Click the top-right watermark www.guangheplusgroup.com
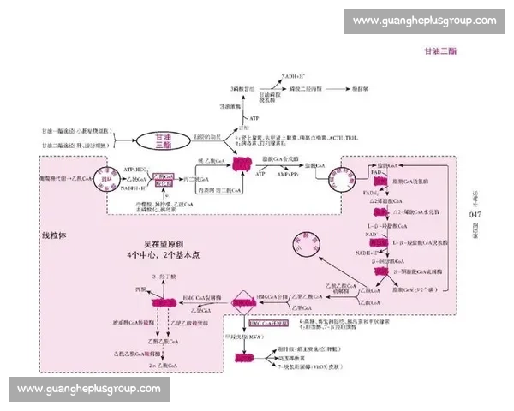click(x=424, y=21)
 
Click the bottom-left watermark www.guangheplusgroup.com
click(x=89, y=390)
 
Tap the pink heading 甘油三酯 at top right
click(x=440, y=51)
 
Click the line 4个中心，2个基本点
click(x=159, y=255)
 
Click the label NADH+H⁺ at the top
click(x=295, y=76)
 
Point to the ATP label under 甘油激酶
click(x=254, y=116)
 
